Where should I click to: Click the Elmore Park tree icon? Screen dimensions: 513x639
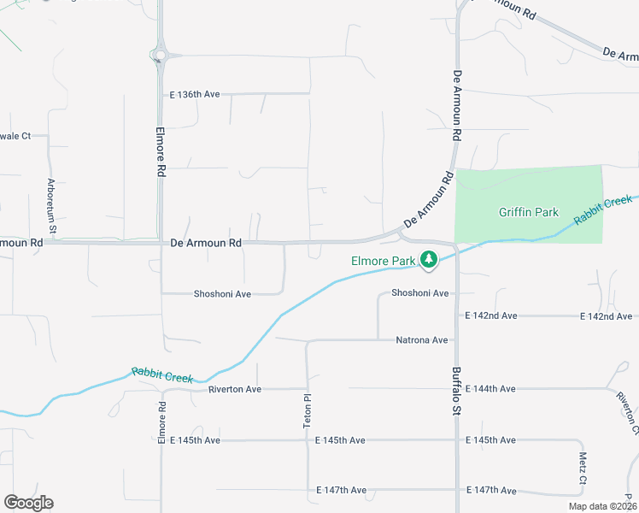429,260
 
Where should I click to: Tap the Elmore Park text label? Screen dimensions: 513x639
383,260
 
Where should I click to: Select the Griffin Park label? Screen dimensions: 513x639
529,212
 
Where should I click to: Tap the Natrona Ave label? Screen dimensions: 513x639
422,340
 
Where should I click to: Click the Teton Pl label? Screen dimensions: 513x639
308,410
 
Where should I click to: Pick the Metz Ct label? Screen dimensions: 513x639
583,468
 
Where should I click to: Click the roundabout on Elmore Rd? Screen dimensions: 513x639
158,56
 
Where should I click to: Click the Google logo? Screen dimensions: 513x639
28,503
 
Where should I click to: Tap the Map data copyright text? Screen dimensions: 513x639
603,506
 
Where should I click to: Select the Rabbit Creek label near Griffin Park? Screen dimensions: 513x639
602,209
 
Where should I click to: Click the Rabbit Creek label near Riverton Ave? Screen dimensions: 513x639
162,374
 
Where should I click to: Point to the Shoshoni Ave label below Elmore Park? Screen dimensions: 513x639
419,293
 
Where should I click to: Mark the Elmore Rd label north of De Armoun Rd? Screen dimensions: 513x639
160,152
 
